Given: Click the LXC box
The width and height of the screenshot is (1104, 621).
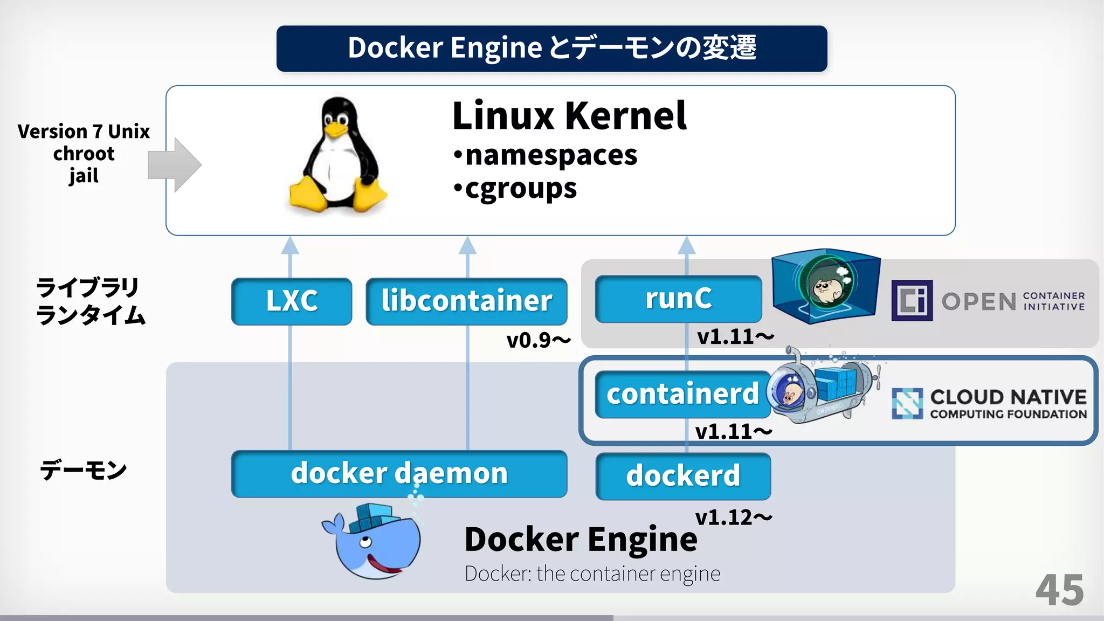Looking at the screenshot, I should (x=292, y=301).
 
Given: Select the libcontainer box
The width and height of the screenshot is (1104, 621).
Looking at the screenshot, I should (x=466, y=301).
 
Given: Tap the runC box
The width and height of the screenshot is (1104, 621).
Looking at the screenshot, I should (x=678, y=299).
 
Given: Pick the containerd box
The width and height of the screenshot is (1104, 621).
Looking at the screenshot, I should (x=682, y=394).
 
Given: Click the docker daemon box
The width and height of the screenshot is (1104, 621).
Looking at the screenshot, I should (x=399, y=473).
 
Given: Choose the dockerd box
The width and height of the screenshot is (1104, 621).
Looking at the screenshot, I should (x=683, y=476).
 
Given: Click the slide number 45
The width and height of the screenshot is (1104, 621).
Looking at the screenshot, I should (x=1059, y=590).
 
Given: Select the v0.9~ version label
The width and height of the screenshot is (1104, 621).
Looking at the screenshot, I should (x=538, y=340).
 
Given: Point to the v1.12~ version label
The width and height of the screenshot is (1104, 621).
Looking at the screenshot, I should (x=733, y=517).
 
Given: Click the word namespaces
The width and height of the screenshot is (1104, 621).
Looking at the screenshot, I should (x=551, y=155).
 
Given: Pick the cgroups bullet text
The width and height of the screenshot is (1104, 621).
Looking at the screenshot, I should (x=520, y=189).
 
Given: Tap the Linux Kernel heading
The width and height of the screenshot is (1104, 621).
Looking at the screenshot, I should (x=569, y=116).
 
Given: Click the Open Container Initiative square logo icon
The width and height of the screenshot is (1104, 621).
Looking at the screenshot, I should (x=912, y=300).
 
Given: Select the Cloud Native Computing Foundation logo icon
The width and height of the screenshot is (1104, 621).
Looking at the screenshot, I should (x=907, y=403).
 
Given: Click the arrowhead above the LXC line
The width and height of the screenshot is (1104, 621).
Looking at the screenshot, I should (x=290, y=245).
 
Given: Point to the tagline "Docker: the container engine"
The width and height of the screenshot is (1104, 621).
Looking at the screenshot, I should (x=592, y=574).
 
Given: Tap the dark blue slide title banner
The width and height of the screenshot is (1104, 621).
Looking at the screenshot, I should (x=551, y=49).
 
